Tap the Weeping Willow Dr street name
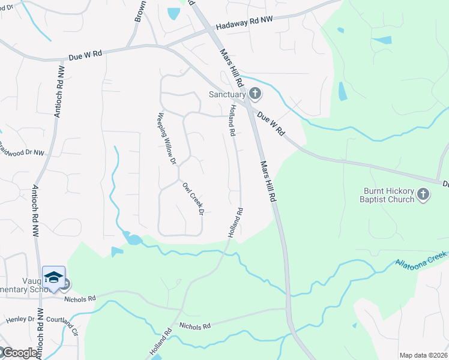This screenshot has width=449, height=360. click(167, 139)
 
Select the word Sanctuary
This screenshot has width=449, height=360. click(227, 94)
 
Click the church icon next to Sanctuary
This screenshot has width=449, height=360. click(255, 94)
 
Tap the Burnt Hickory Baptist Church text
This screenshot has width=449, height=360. click(388, 195)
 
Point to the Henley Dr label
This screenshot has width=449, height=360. click(19, 319)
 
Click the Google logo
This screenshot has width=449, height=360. click(20, 353)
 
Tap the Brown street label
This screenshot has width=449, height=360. click(138, 11)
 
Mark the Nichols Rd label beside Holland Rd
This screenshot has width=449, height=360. click(195, 326)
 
